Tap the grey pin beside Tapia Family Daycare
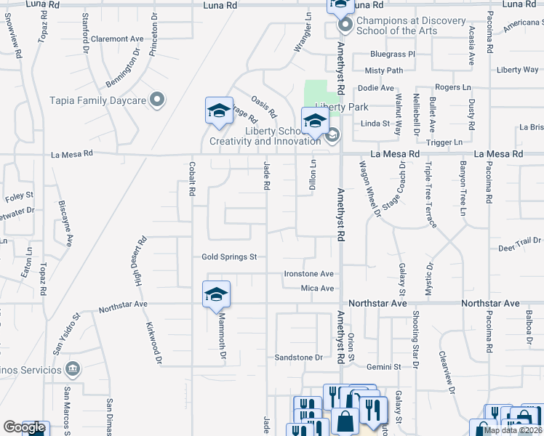coord(157,101)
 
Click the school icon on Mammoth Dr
coord(216,294)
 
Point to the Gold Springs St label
coord(230,257)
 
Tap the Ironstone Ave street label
coord(308,274)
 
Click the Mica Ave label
coord(317,288)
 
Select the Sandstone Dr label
coord(298,358)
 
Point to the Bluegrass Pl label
coord(392,54)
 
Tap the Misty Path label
coord(383,70)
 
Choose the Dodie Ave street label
coord(376,88)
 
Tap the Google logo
coord(24,428)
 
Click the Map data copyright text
coord(513,430)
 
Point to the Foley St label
coord(20,195)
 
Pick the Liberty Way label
coord(518,70)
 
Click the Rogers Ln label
coord(457,87)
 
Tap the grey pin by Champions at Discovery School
coord(345,26)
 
